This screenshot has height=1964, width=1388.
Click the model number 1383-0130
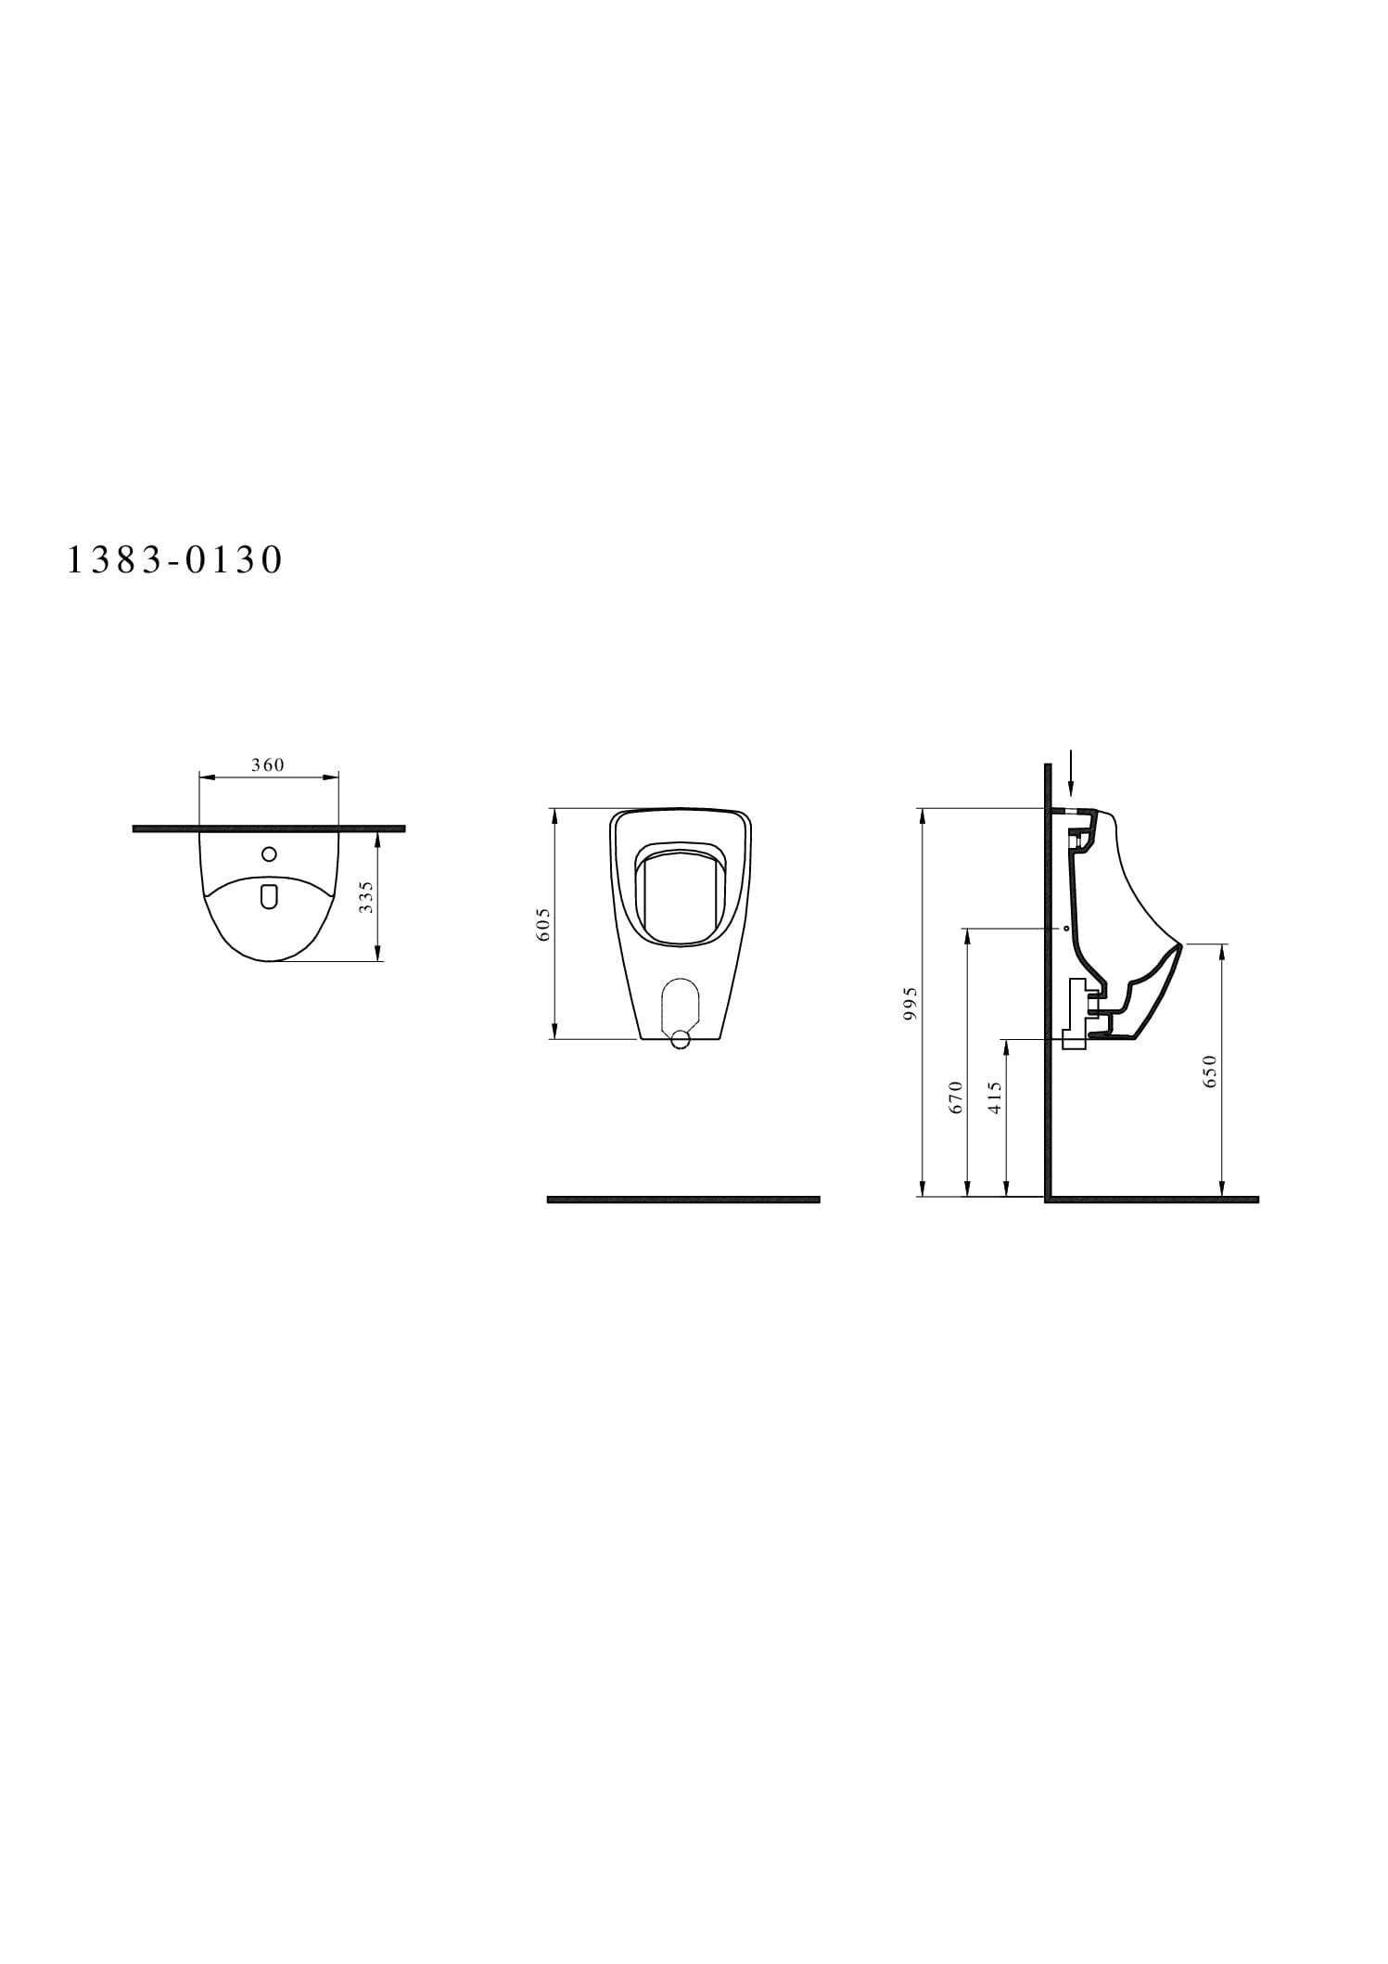click(x=174, y=560)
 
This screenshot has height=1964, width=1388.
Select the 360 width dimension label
click(x=268, y=765)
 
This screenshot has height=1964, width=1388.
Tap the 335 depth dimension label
click(x=366, y=897)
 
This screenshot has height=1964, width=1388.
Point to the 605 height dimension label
click(x=543, y=924)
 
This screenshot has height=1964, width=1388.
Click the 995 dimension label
click(x=910, y=1004)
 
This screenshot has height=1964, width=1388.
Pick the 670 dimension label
click(x=957, y=1097)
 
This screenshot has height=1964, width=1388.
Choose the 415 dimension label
click(x=997, y=1097)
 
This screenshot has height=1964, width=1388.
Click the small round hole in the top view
click(x=269, y=854)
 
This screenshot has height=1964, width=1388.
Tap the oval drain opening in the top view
click(x=269, y=896)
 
